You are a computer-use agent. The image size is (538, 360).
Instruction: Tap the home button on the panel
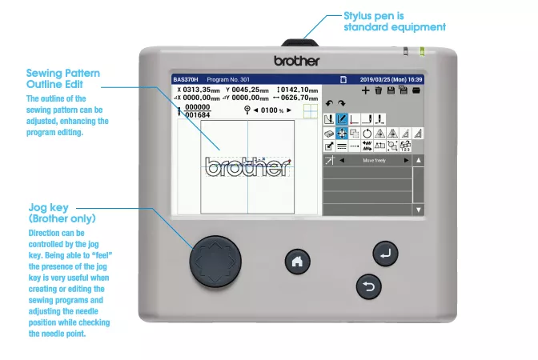click(297, 261)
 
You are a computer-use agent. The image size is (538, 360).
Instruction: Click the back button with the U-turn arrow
click(368, 287)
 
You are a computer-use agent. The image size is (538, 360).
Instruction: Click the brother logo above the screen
click(296, 61)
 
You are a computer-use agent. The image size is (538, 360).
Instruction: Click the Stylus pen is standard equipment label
click(394, 22)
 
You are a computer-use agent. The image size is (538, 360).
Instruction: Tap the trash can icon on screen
click(378, 91)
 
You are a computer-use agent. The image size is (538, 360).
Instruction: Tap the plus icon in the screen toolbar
click(366, 91)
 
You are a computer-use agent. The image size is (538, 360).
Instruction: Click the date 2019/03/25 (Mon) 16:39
click(391, 80)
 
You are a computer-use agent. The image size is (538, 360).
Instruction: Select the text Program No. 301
click(229, 80)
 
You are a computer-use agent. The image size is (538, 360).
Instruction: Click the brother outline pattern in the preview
click(247, 166)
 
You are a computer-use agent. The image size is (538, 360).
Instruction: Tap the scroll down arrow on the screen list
click(417, 209)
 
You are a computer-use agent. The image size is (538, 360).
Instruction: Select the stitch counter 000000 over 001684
click(196, 110)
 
